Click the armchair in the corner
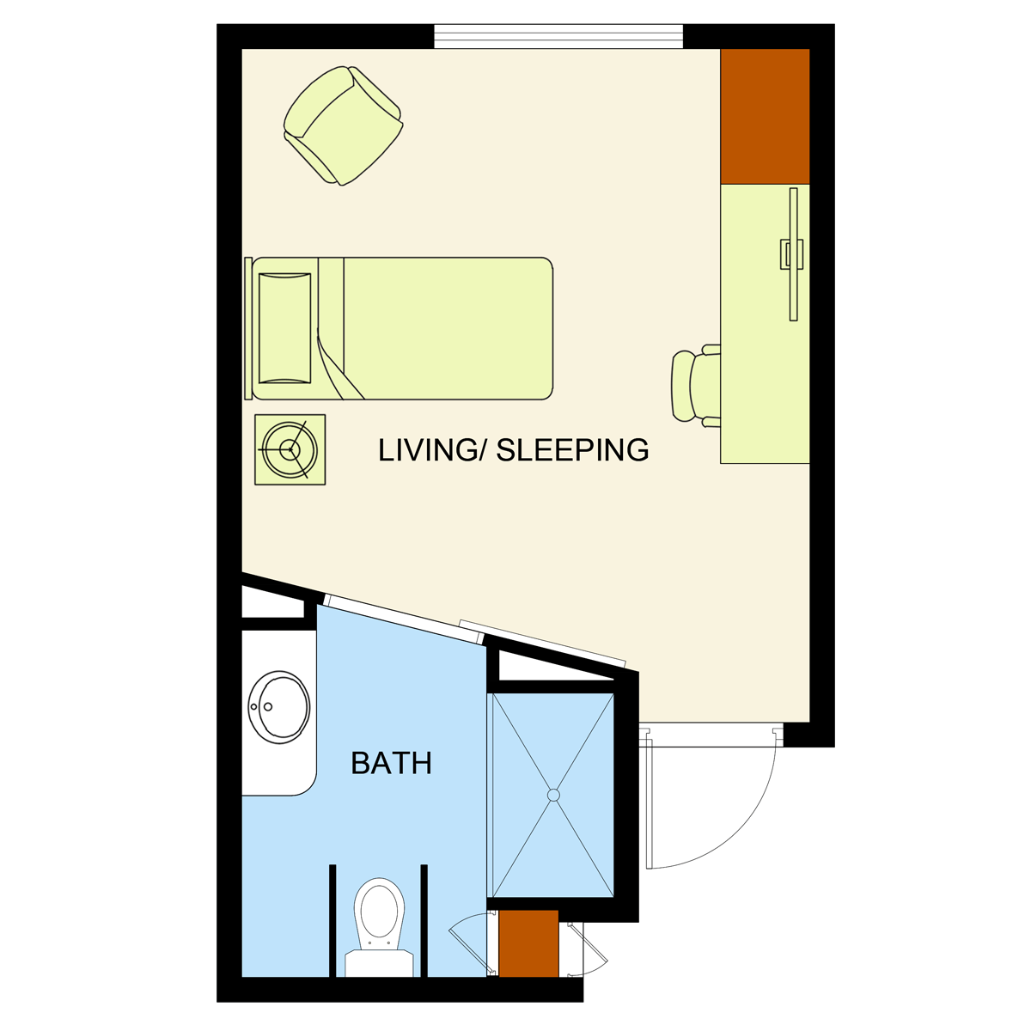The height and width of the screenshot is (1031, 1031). [x=343, y=125]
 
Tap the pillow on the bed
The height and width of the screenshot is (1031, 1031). [x=284, y=328]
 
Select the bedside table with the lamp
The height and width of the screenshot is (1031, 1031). [x=290, y=450]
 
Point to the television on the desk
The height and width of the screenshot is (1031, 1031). [x=793, y=254]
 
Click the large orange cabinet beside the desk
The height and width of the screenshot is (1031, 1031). [x=766, y=116]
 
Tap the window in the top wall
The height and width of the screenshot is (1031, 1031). [x=558, y=36]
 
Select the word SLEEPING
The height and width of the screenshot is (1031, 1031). [x=572, y=450]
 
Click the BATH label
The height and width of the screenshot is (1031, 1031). [x=391, y=763]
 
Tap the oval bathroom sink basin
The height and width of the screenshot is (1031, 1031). [x=278, y=707]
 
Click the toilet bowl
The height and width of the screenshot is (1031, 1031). [x=380, y=911]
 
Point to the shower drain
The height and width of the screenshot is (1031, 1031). [x=554, y=796]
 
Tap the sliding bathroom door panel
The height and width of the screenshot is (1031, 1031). [x=404, y=619]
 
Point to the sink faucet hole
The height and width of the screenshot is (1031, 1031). [x=268, y=707]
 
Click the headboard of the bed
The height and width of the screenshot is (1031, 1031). [x=248, y=328]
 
